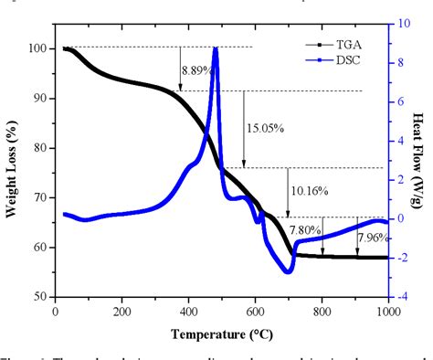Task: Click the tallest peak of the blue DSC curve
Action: (215, 48)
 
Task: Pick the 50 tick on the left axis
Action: (42, 297)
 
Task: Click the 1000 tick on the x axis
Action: (386, 311)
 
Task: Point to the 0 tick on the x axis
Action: (57, 311)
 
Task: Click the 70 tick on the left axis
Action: (42, 197)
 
